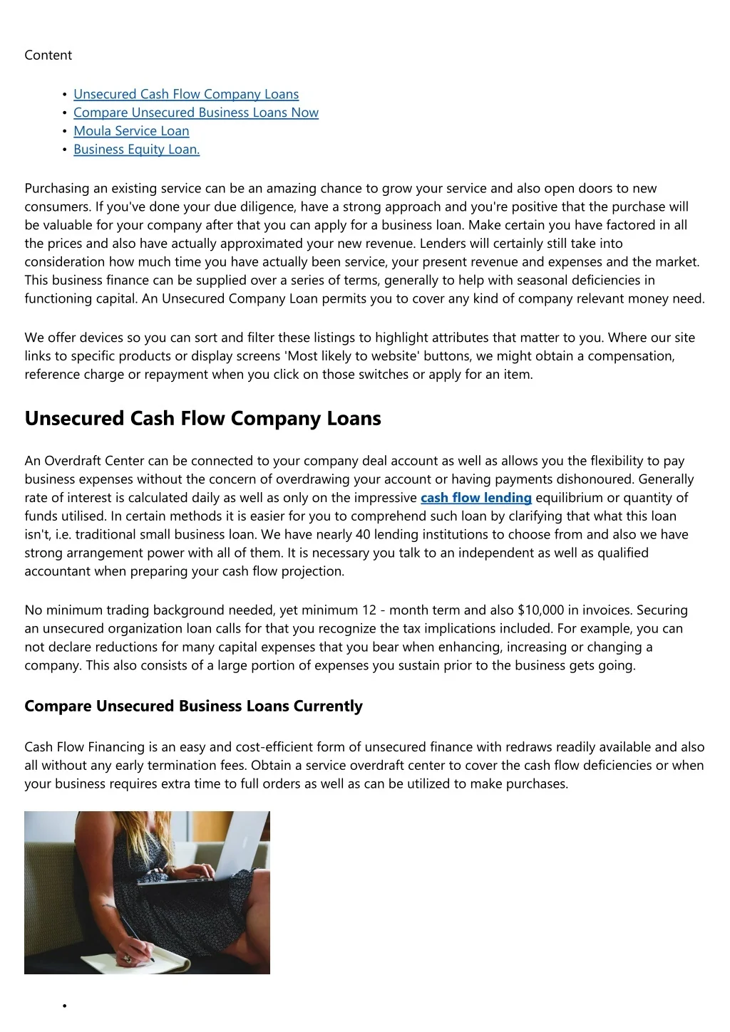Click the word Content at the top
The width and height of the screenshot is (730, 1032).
click(48, 56)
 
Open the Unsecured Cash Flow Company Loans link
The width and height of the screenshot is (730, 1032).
click(186, 94)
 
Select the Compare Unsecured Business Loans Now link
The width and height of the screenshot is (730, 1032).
click(196, 113)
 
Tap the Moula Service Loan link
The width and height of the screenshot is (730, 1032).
click(131, 131)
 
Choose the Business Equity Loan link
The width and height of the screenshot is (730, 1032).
click(136, 150)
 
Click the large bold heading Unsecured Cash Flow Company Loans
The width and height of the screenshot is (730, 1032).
click(202, 418)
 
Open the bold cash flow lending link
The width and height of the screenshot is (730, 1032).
click(476, 498)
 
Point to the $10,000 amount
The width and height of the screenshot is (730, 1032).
click(540, 610)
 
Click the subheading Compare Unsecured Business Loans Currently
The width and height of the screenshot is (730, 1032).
click(193, 707)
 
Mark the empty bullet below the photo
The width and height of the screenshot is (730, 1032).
click(64, 1006)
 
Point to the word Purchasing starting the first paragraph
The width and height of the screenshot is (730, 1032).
click(57, 189)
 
